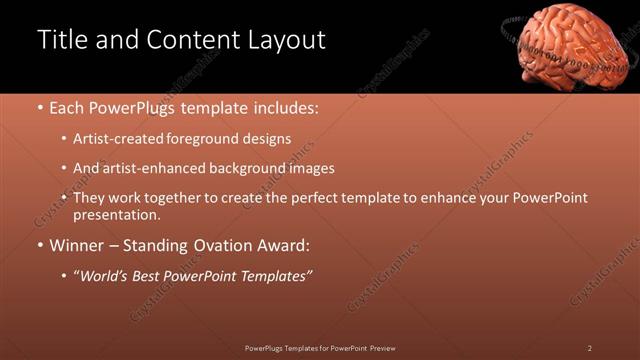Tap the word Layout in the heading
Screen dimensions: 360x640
click(x=284, y=40)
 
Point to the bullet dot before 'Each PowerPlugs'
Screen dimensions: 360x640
click(x=40, y=107)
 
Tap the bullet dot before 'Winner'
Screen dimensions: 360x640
click(x=40, y=245)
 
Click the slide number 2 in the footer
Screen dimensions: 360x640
click(x=589, y=348)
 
